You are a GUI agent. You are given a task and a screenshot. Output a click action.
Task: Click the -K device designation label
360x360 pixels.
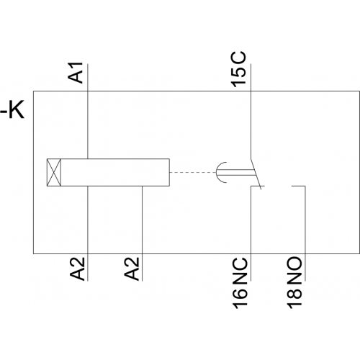[12, 111]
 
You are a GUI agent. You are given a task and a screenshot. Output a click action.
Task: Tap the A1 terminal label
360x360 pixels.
[76, 73]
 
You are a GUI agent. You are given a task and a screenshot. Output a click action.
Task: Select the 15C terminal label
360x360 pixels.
[238, 69]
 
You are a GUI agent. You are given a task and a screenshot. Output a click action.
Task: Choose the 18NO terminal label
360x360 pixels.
[294, 283]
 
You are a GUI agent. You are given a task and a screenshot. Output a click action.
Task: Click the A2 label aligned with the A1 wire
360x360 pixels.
[78, 269]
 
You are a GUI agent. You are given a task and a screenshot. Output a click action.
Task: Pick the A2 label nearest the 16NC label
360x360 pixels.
[132, 269]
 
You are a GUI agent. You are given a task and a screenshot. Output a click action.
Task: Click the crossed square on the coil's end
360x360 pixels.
[54, 172]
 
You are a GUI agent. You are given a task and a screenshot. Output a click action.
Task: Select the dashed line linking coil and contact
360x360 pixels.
[193, 172]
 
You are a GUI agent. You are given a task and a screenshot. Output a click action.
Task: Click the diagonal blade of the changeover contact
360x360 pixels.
[256, 174]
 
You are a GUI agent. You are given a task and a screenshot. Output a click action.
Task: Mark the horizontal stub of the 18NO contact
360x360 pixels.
[299, 186]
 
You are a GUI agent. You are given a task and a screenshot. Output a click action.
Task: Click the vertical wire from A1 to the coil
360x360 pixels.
[88, 112]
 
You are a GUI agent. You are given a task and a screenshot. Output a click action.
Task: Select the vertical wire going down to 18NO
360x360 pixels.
[305, 233]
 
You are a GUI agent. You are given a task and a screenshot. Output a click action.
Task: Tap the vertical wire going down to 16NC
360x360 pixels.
[251, 233]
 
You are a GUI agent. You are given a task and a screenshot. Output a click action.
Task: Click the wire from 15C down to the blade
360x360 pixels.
[251, 111]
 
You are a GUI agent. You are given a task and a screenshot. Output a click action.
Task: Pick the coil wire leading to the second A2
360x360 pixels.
[143, 233]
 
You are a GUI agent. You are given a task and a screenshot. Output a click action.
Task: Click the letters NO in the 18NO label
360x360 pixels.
[294, 269]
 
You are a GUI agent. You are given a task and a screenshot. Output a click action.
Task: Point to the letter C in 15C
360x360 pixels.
[238, 58]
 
